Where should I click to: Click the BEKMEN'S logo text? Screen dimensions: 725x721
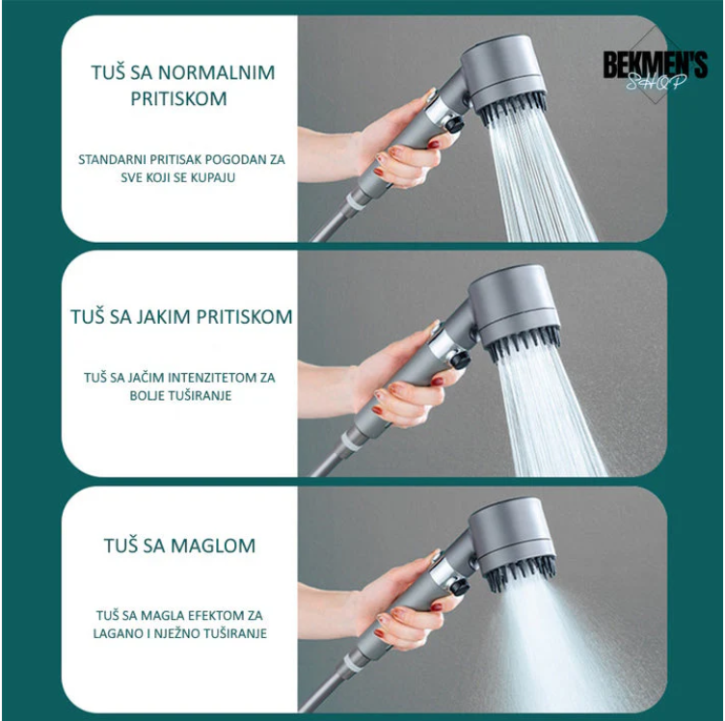click(x=655, y=66)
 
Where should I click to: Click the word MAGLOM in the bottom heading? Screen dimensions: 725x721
click(x=213, y=546)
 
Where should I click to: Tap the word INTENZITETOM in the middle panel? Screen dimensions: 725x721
click(x=212, y=378)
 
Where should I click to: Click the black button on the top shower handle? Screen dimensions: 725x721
click(x=453, y=123)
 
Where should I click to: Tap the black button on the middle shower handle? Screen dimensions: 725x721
click(x=460, y=360)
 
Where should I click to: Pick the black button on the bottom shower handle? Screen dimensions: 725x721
click(x=459, y=587)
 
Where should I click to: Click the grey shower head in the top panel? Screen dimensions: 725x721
click(x=504, y=71)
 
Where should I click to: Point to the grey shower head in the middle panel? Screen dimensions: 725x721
click(x=514, y=303)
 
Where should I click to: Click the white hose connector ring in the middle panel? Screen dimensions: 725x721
click(x=351, y=441)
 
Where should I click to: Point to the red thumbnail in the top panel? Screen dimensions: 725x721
click(x=433, y=145)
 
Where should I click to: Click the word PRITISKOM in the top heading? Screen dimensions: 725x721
click(x=179, y=99)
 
